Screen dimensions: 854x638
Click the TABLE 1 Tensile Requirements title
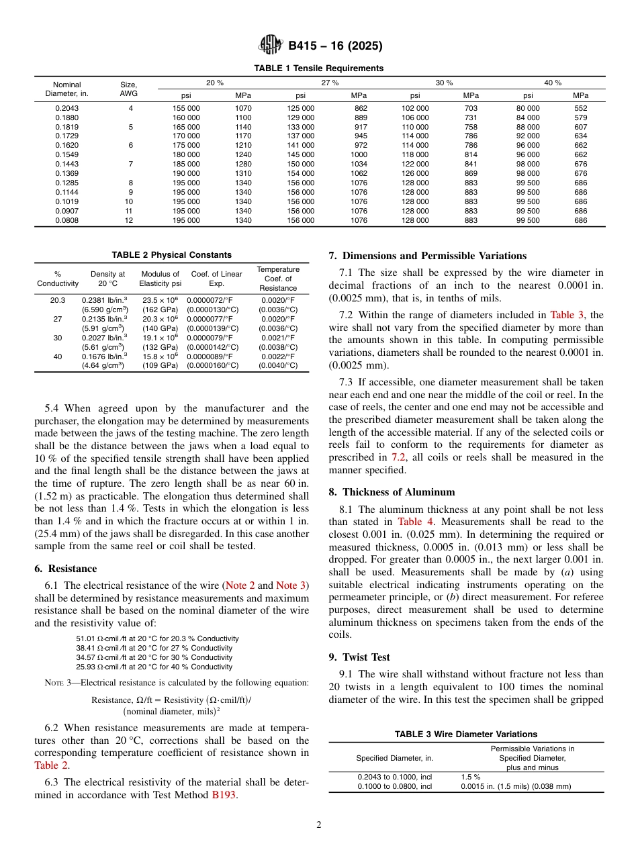tap(319, 68)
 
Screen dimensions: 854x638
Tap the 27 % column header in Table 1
tap(330, 83)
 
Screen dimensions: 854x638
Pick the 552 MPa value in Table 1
tap(581, 108)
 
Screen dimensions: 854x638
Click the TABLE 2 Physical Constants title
tap(171, 255)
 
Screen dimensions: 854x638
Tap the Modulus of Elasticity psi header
tap(159, 279)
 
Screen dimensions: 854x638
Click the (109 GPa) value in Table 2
tap(159, 365)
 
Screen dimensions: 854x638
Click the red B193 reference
tap(224, 796)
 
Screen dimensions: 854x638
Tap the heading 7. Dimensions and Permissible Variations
tap(428, 256)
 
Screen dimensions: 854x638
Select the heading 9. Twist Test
tap(359, 657)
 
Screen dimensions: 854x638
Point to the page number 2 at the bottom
tap(319, 826)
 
